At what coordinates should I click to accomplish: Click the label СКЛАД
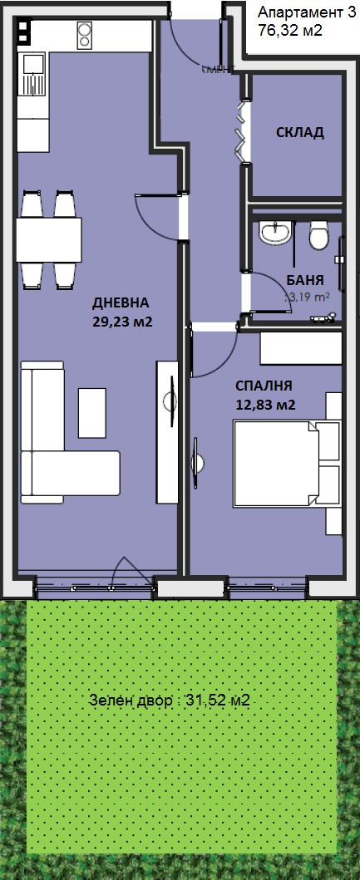click(x=300, y=133)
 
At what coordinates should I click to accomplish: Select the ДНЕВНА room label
click(x=124, y=302)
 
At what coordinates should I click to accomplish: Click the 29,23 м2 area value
click(x=124, y=321)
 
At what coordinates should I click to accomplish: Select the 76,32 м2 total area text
click(x=290, y=31)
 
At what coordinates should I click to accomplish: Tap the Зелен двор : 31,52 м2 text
click(x=170, y=701)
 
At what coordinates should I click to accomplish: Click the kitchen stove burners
click(x=84, y=36)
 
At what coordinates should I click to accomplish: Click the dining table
click(x=49, y=239)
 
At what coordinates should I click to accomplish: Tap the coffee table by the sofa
click(x=91, y=412)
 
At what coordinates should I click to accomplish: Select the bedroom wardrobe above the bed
click(x=301, y=348)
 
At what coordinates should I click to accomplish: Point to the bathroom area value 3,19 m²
click(x=308, y=296)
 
